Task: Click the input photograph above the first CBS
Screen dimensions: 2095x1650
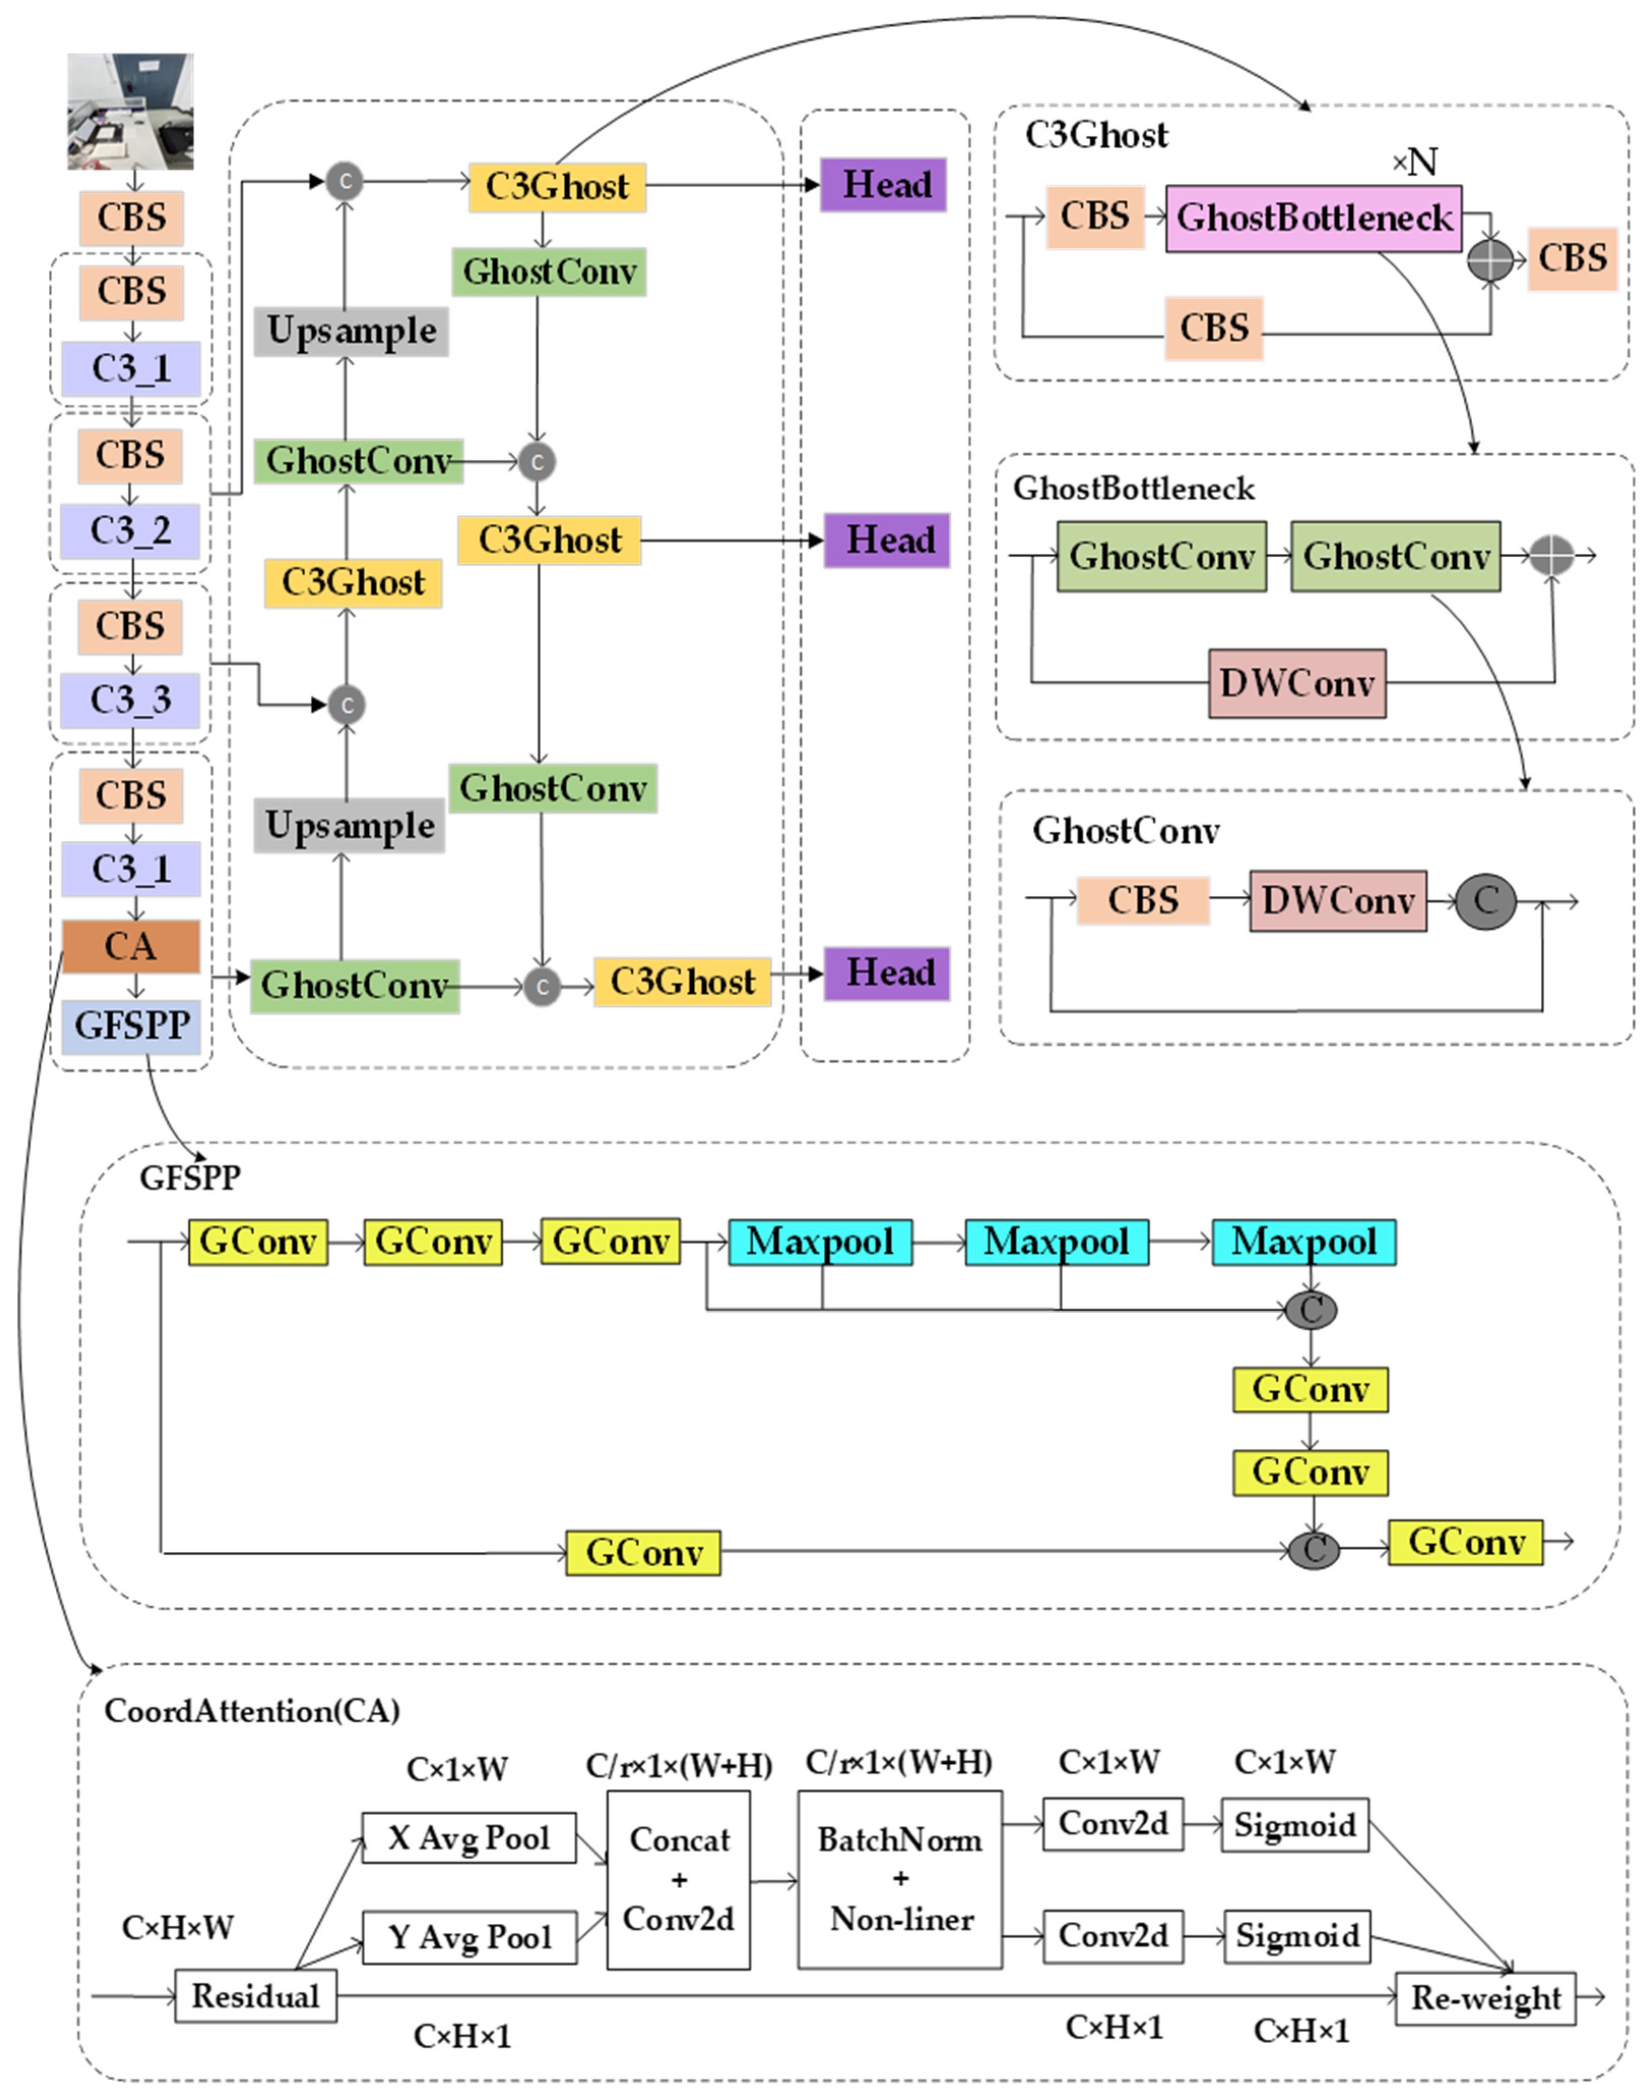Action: click(131, 111)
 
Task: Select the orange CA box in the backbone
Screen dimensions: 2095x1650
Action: click(131, 946)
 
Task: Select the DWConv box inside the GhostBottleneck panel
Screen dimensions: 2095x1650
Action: click(1297, 683)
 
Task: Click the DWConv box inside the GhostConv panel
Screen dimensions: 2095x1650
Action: click(1337, 901)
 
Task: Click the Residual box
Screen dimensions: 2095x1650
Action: click(255, 1995)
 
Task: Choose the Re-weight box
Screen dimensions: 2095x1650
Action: click(1485, 1997)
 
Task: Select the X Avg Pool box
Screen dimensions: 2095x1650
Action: click(469, 1837)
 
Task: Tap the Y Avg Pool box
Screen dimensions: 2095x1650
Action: click(469, 1937)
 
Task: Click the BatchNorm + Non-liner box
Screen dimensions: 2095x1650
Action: click(899, 1879)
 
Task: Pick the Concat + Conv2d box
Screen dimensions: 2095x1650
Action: click(678, 1879)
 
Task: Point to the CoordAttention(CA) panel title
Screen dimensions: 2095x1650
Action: click(252, 1711)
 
